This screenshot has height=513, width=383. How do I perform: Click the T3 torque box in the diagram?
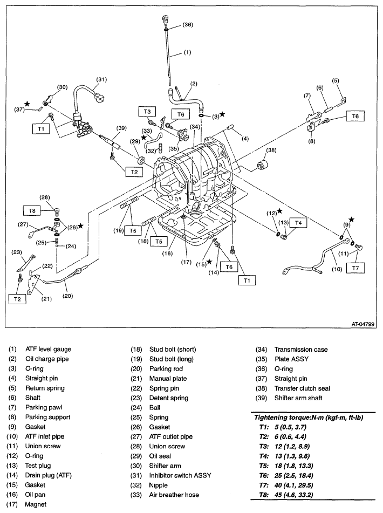pos(147,111)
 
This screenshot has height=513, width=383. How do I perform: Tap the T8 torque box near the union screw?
pos(32,209)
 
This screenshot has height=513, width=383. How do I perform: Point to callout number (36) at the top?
pos(187,25)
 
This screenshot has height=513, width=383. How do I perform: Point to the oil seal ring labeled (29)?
pos(142,160)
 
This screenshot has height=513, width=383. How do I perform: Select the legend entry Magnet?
pos(36,504)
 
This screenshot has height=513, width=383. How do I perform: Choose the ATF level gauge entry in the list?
pos(48,350)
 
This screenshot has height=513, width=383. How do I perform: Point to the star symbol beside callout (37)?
pos(26,102)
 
